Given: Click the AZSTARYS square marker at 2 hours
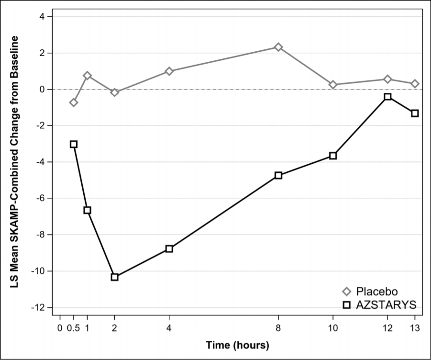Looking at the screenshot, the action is [x=115, y=277].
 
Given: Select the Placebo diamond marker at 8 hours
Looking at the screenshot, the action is [x=278, y=47].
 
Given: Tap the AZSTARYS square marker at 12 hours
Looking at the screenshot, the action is [x=387, y=97].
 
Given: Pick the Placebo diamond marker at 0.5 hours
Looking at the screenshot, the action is [x=73, y=102].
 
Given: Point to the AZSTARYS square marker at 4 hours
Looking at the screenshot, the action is [x=169, y=249].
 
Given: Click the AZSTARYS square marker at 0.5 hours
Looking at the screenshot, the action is [x=73, y=144].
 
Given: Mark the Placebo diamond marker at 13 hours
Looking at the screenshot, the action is [x=415, y=84].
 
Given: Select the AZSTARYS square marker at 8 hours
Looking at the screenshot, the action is [x=278, y=175].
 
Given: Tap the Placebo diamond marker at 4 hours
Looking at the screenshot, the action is [x=169, y=71].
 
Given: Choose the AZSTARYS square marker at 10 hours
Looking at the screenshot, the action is [x=333, y=156].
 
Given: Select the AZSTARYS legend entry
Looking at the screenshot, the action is [x=380, y=305].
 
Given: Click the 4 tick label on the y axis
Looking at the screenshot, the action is [x=42, y=17].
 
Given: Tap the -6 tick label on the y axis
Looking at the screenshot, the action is [x=40, y=198].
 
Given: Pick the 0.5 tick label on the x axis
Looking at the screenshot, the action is [x=73, y=328].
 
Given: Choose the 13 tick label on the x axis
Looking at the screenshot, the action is [x=415, y=328].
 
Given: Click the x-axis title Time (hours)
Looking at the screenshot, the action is [x=237, y=345].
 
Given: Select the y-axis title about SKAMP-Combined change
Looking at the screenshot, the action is [x=14, y=162].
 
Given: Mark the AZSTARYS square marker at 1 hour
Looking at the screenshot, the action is [x=87, y=210].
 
